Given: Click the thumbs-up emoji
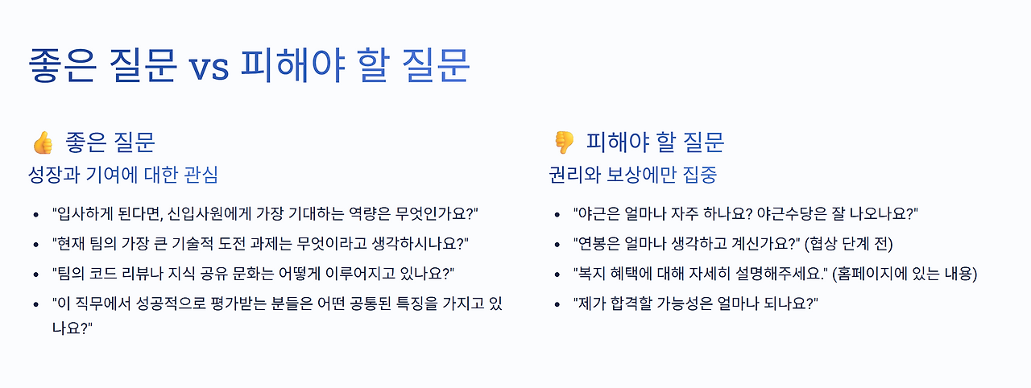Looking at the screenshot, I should (42, 142).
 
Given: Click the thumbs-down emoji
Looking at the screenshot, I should (563, 142).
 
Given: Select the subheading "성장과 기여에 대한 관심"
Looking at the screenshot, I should (122, 175).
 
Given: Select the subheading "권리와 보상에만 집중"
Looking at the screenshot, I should (632, 175).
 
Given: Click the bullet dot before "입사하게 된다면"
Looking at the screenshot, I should (35, 214).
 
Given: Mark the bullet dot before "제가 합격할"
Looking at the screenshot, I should (557, 305).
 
